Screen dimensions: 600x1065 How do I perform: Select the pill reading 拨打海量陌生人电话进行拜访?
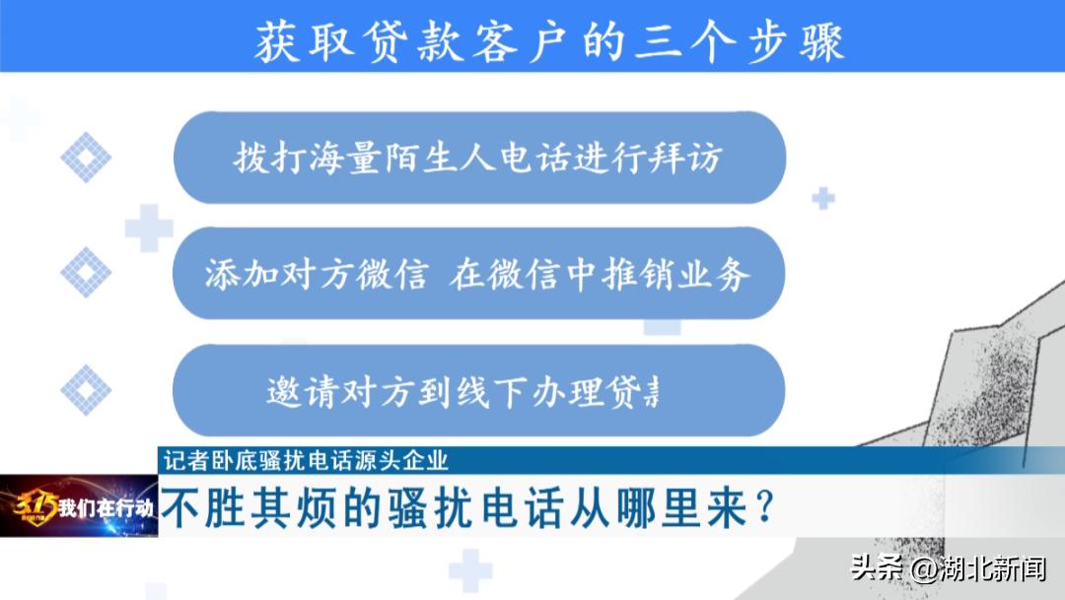click(478, 158)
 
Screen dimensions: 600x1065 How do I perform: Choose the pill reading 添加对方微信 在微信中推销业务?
click(478, 274)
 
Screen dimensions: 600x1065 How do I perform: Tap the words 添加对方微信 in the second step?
click(316, 274)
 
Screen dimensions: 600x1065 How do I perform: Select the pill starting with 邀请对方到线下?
click(478, 390)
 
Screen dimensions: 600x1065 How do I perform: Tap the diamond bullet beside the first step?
click(86, 158)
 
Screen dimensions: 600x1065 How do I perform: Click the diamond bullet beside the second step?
click(86, 272)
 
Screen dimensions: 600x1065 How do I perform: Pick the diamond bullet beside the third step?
click(86, 389)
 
